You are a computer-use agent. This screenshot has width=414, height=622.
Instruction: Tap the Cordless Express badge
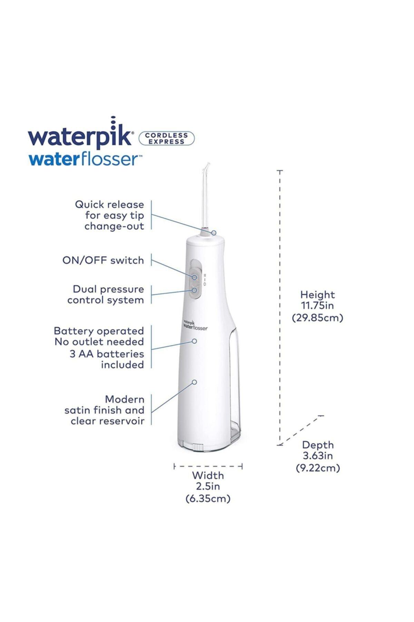[167, 138]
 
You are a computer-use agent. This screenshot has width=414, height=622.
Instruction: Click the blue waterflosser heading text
[85, 159]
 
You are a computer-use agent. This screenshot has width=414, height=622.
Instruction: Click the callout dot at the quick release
[214, 233]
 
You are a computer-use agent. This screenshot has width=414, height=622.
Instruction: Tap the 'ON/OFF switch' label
[103, 260]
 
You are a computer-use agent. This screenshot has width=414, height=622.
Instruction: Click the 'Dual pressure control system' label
[106, 294]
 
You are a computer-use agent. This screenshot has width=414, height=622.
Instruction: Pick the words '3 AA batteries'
[107, 354]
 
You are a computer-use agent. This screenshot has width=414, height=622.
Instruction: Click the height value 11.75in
[317, 305]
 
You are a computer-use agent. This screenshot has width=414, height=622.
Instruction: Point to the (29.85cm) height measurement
[317, 318]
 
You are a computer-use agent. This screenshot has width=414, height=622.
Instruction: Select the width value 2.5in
[208, 487]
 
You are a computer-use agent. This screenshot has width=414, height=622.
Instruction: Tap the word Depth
[318, 445]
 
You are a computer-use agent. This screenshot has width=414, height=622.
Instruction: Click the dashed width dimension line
[208, 466]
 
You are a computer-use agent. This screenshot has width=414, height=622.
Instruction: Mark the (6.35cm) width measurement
[208, 499]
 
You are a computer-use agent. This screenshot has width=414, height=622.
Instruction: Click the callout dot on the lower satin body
[194, 382]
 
